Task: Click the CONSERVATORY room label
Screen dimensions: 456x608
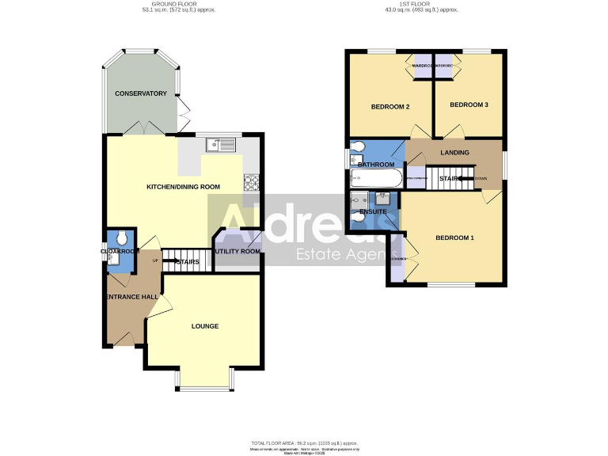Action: click(x=141, y=93)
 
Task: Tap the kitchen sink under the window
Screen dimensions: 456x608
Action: click(x=220, y=144)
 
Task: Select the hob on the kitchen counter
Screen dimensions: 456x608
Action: click(x=252, y=182)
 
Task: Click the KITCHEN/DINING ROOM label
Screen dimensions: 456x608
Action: click(x=183, y=187)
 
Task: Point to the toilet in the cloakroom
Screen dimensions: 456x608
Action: click(x=121, y=237)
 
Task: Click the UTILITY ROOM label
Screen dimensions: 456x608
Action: click(x=238, y=251)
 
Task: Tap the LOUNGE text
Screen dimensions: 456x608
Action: click(x=204, y=326)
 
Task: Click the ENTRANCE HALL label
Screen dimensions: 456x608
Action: click(x=131, y=297)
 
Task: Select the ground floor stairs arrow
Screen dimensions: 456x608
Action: click(x=176, y=260)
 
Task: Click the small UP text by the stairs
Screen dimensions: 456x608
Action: click(x=155, y=260)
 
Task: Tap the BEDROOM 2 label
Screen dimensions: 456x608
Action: click(x=389, y=106)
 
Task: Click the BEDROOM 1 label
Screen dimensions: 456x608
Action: click(x=454, y=237)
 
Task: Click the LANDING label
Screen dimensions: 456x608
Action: click(x=454, y=153)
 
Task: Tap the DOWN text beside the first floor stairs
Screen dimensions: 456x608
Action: click(x=481, y=179)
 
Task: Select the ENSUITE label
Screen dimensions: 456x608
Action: click(x=373, y=211)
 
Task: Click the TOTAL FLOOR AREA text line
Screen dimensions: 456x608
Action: click(x=305, y=443)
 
